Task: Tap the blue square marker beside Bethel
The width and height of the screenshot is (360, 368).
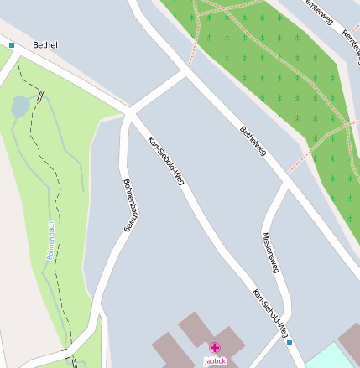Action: pos(12,44)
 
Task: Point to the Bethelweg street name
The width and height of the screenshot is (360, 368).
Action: pos(253,141)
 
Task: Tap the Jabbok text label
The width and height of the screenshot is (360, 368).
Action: pos(215,361)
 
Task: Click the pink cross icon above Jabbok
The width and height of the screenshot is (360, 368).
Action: pos(215,347)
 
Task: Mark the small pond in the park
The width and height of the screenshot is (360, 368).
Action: pos(19,106)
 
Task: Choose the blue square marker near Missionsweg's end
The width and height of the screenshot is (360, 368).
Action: pos(290,343)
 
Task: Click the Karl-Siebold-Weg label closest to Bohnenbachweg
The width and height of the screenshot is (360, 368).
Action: pos(165,160)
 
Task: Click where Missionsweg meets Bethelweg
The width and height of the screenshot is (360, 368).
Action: pos(286,183)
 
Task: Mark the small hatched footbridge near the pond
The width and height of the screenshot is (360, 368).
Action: pos(39,96)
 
